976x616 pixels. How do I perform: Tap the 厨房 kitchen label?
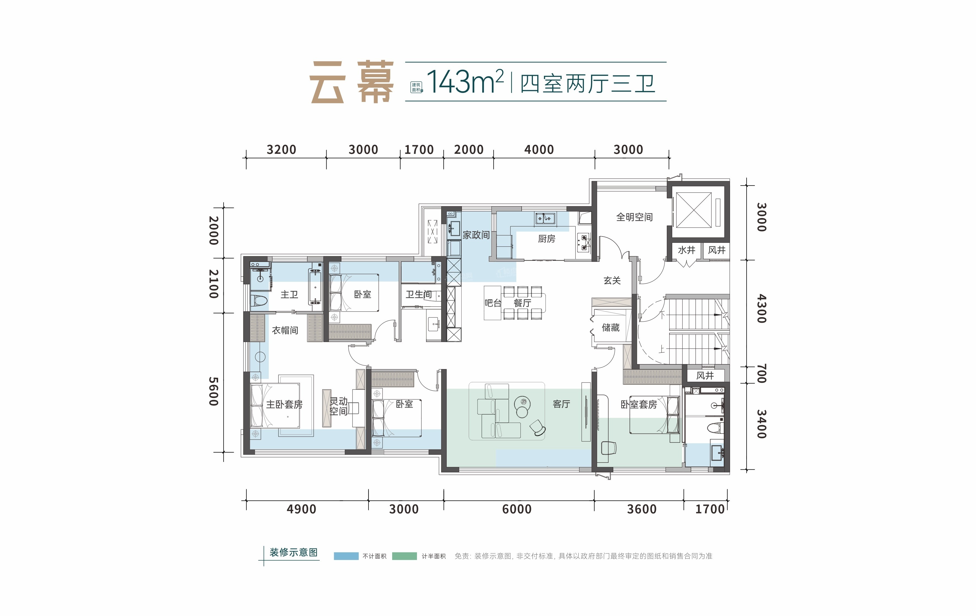(x=546, y=239)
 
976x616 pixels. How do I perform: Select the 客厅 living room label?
(x=561, y=404)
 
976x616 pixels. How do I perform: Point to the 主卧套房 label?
(x=284, y=404)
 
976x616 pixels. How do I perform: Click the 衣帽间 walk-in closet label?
(x=285, y=330)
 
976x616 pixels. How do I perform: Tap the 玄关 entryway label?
(x=612, y=280)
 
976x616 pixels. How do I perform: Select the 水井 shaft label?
(x=686, y=250)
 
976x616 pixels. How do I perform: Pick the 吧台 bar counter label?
(x=493, y=303)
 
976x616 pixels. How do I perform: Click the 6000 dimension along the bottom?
(x=517, y=509)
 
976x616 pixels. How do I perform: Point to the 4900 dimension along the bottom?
(x=301, y=509)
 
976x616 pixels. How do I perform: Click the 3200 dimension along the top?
(x=281, y=150)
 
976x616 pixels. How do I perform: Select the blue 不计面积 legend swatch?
(x=346, y=556)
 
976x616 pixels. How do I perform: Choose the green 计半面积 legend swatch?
(x=405, y=556)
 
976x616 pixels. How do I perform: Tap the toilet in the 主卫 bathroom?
(x=259, y=301)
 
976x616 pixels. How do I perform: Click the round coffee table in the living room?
(x=522, y=403)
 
